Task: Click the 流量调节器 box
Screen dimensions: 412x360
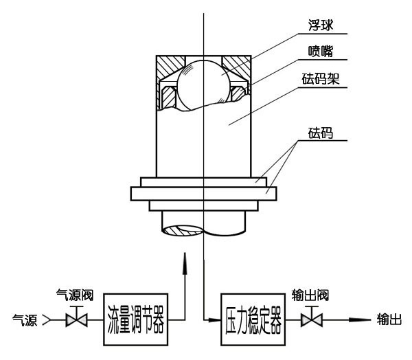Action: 135,319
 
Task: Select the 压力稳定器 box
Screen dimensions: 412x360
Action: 253,319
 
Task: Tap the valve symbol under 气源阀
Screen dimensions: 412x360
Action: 76,317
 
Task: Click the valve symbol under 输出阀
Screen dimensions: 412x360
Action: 312,317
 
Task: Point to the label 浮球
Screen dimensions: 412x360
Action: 321,25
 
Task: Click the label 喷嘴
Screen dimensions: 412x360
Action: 321,52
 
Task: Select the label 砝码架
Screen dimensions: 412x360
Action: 321,79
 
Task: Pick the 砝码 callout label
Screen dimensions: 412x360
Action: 321,133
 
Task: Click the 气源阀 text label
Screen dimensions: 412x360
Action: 75,295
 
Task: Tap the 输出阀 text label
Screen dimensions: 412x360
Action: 310,295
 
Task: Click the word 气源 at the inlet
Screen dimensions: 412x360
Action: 25,320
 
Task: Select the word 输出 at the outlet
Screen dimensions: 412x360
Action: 389,319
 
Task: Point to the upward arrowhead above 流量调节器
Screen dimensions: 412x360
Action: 185,264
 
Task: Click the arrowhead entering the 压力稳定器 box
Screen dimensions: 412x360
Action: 214,320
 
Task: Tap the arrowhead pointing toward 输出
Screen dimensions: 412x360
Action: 360,320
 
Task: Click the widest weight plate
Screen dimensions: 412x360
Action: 204,194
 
